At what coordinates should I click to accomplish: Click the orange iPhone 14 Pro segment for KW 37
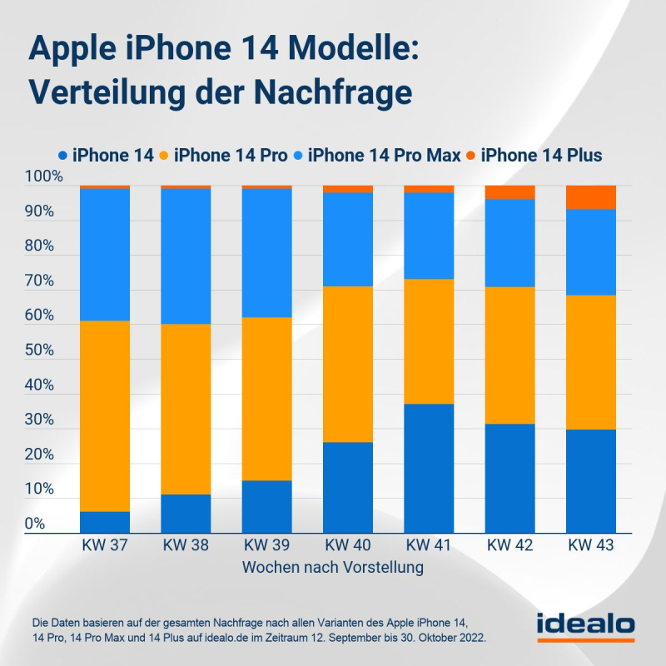(105, 416)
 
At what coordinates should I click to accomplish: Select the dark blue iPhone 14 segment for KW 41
(429, 468)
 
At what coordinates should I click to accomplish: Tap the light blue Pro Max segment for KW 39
(266, 253)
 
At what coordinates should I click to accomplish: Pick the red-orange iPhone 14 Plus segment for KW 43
(590, 197)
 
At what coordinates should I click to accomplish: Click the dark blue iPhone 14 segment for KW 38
(186, 514)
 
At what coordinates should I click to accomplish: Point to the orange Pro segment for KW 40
(348, 364)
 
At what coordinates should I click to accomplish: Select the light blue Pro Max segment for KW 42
(509, 243)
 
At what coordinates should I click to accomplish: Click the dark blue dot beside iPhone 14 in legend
(62, 156)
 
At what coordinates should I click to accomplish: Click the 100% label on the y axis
(44, 177)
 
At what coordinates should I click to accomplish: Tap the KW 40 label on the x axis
(348, 546)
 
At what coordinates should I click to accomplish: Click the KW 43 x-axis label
(590, 546)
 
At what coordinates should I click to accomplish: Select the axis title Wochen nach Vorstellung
(333, 568)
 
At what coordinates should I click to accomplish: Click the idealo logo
(584, 626)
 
